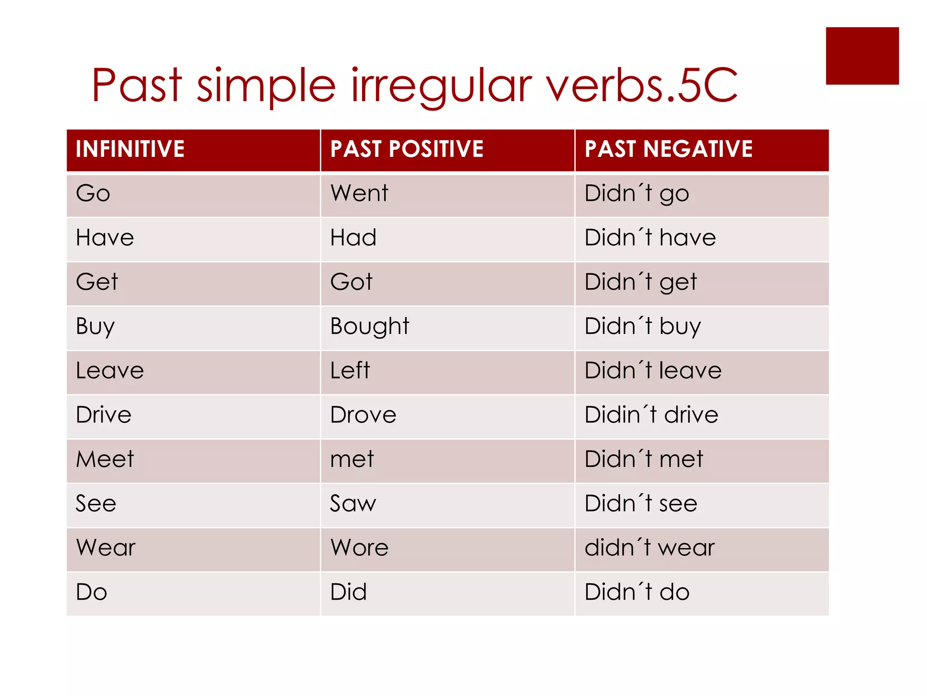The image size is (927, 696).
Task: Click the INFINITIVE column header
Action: coord(130,149)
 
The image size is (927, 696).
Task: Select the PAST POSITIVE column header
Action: coord(407,149)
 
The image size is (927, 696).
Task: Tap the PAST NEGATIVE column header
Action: coord(669,149)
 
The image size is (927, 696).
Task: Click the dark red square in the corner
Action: coord(862,56)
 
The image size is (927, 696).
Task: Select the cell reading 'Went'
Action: coord(359,193)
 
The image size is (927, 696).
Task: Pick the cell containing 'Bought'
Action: coord(370,326)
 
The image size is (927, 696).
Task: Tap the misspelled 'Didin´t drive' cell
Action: coord(651,415)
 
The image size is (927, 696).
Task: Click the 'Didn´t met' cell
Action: coord(644,459)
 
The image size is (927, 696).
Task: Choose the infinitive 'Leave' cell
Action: coord(110,371)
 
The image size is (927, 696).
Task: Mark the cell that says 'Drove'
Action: coord(363,415)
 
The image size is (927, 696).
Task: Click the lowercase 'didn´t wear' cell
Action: coord(650,548)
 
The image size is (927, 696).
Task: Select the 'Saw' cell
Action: coord(353,503)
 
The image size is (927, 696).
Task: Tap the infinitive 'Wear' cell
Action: coord(106,548)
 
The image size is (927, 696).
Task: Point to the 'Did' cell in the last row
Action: coord(348,592)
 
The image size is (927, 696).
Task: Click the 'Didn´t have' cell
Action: coord(650,238)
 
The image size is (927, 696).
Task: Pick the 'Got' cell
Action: coord(351,282)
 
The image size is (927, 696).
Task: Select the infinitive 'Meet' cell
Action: coord(105,459)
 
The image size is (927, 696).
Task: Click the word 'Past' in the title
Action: coord(137,85)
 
